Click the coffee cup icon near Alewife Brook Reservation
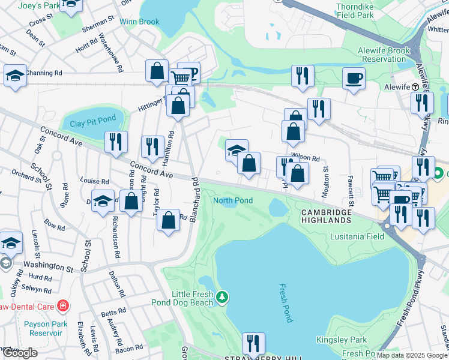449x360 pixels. pyautogui.click(x=354, y=78)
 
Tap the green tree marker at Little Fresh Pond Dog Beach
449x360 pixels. pyautogui.click(x=223, y=297)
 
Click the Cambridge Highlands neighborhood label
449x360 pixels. pyautogui.click(x=325, y=217)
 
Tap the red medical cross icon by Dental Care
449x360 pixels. pyautogui.click(x=63, y=307)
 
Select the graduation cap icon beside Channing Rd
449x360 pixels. pyautogui.click(x=14, y=76)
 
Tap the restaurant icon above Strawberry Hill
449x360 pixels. pyautogui.click(x=253, y=343)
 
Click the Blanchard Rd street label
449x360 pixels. pyautogui.click(x=194, y=199)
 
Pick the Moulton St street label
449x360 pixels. pyautogui.click(x=326, y=177)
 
